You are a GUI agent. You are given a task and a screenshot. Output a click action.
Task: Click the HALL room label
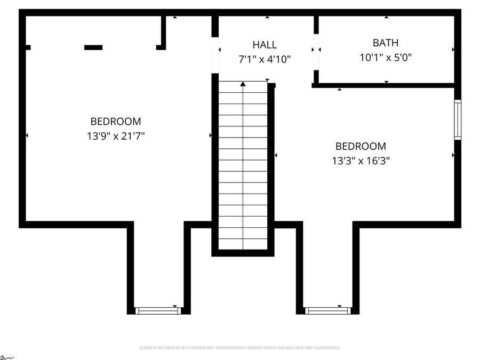265,45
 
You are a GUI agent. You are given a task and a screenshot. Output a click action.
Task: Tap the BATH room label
385,43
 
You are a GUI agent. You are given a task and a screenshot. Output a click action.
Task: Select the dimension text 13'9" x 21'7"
116,136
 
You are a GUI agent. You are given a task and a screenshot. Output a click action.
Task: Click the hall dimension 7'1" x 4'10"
265,59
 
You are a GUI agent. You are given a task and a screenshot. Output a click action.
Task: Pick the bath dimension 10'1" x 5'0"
385,57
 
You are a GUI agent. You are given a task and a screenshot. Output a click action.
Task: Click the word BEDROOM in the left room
116,122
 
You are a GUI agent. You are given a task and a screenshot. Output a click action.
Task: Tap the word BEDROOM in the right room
361,146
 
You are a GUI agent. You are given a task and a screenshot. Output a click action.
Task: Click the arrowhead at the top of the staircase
243,84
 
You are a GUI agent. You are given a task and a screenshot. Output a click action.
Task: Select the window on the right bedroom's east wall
458,119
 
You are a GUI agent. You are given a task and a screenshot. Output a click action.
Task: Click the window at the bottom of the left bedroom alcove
158,310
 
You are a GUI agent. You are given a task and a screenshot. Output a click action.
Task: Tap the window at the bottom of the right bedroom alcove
327,310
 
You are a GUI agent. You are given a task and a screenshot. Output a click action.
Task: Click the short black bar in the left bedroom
93,47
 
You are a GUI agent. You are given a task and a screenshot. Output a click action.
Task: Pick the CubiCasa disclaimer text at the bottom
240,348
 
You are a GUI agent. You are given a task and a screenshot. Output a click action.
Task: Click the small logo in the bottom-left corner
7,356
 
